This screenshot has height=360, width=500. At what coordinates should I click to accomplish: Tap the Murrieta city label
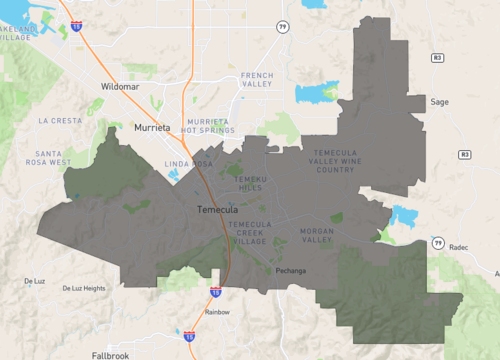click(x=153, y=128)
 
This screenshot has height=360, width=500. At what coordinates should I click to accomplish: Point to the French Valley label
click(x=257, y=80)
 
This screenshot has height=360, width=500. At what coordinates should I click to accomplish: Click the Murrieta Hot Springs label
click(x=208, y=125)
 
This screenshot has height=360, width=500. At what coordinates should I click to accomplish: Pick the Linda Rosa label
click(x=189, y=163)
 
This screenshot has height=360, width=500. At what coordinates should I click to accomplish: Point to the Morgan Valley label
click(x=317, y=235)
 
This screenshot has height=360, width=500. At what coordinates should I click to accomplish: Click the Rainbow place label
click(x=216, y=312)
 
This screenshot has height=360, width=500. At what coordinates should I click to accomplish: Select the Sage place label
click(x=439, y=102)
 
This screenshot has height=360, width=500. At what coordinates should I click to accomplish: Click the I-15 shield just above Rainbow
click(x=215, y=291)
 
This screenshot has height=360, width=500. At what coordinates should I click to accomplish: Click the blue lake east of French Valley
click(x=317, y=94)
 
